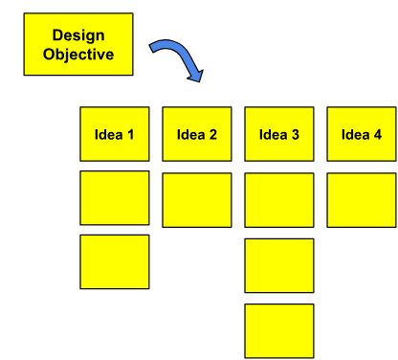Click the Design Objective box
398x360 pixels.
coord(78,44)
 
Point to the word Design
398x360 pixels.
coord(78,36)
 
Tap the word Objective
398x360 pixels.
coord(78,54)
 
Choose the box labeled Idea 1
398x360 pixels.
coord(115,134)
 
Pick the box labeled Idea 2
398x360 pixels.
coord(197,134)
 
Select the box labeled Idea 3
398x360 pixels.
coord(279,134)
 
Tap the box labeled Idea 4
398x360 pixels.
coord(362,134)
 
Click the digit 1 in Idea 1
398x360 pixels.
coord(130,134)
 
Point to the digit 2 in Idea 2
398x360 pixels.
coord(212,134)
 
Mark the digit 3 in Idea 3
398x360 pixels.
coord(296,134)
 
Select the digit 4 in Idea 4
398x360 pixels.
coord(378,134)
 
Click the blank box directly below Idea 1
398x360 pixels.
coord(115,198)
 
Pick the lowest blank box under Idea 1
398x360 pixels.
coord(115,261)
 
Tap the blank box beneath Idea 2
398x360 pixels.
coord(197,199)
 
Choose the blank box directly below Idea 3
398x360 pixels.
coord(279,199)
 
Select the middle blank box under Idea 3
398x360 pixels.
coord(279,265)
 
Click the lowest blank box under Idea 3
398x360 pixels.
coord(279,330)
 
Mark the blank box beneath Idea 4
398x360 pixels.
coord(362,199)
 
